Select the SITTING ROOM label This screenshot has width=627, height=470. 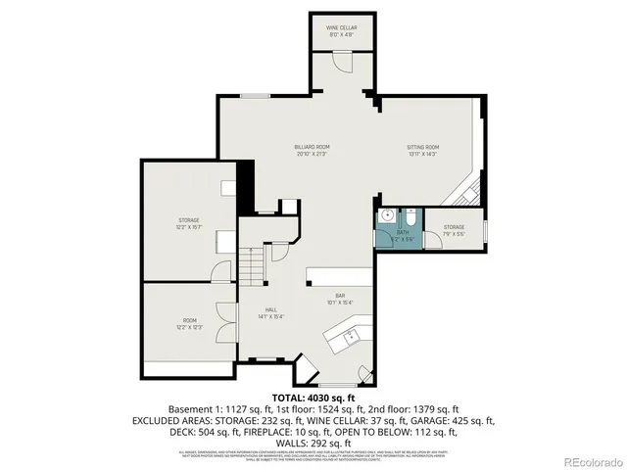(x=422, y=149)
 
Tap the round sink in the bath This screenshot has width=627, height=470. (x=388, y=215)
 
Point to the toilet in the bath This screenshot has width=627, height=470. (x=412, y=217)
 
